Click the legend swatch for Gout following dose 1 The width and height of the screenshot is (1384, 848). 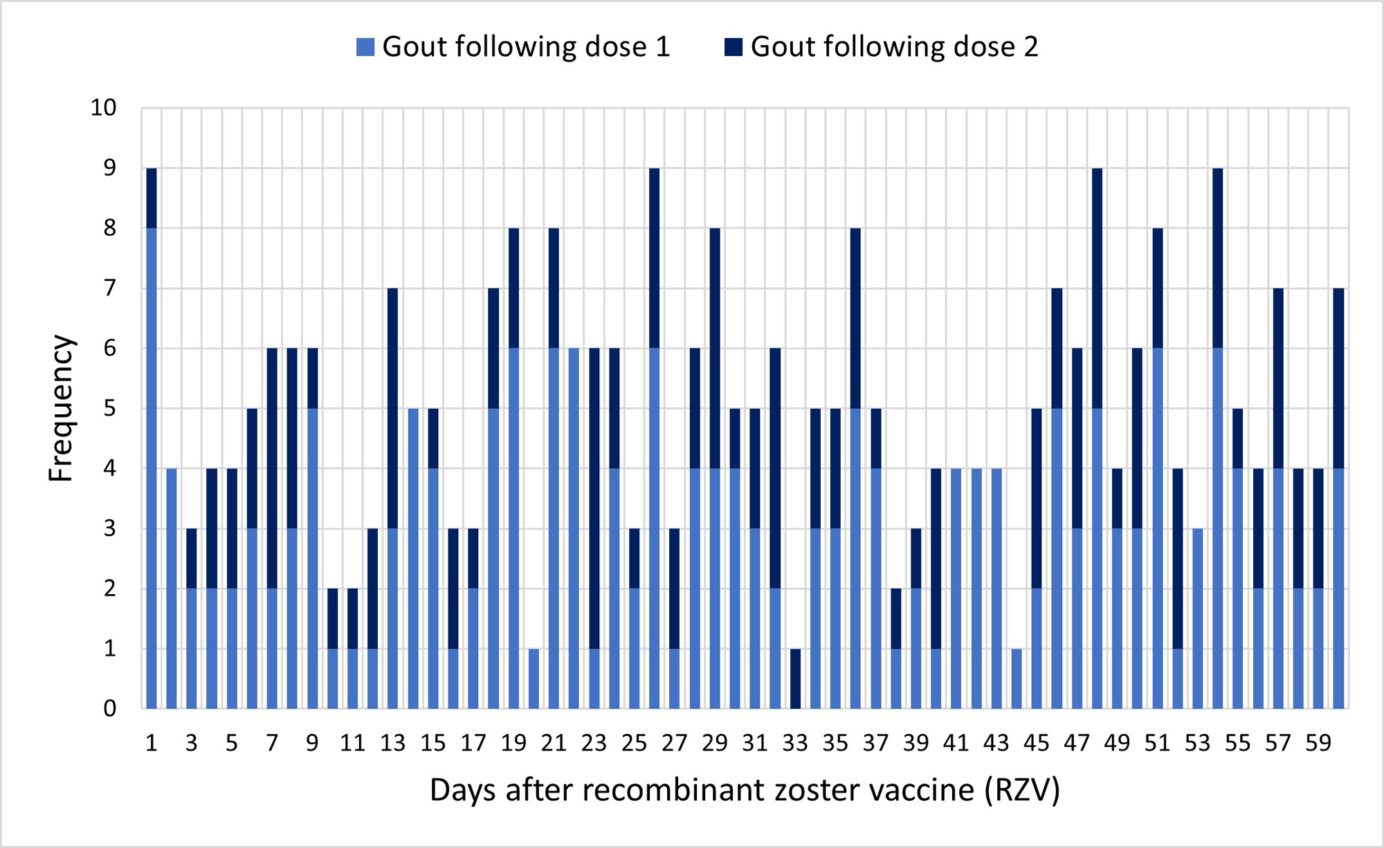(365, 47)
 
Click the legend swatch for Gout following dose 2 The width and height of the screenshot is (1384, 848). (734, 47)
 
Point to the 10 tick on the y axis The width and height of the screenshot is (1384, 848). (104, 108)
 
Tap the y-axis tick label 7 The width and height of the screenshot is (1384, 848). (109, 288)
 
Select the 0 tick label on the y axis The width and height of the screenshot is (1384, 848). (109, 708)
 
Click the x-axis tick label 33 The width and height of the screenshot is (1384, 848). (795, 743)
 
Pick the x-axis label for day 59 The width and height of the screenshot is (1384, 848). (1318, 743)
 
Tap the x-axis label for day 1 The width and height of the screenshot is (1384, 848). (152, 743)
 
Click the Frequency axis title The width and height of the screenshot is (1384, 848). (61, 408)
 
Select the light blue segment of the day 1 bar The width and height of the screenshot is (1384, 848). (152, 468)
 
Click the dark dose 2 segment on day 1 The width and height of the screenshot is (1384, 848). (152, 198)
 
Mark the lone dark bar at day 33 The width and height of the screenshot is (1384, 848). (795, 679)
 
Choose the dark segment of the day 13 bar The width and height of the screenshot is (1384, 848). (393, 408)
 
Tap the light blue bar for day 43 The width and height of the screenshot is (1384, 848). (996, 588)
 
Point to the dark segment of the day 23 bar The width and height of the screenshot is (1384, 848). (594, 498)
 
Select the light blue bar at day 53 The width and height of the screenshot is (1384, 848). (1198, 618)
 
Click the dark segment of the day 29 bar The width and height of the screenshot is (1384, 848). (715, 348)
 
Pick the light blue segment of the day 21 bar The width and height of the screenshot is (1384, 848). (554, 528)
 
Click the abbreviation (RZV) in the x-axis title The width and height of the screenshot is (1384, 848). (1023, 790)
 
